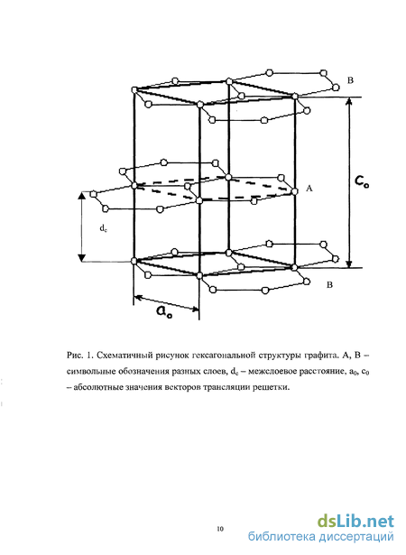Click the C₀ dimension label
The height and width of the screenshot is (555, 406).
click(x=362, y=182)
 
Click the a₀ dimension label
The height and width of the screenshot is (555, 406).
click(x=164, y=312)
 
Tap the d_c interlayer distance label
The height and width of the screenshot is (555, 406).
click(x=103, y=229)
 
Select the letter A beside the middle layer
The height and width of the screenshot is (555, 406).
click(x=309, y=189)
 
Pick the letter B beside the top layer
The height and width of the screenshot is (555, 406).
click(x=350, y=80)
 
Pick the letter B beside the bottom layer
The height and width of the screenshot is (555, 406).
click(x=329, y=284)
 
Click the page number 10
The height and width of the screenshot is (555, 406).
click(x=220, y=529)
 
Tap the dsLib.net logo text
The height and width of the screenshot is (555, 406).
click(x=355, y=522)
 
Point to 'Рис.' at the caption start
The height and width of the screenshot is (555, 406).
click(x=75, y=355)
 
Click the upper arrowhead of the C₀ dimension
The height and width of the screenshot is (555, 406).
click(x=348, y=101)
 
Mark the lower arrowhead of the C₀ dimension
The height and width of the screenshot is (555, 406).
click(x=349, y=264)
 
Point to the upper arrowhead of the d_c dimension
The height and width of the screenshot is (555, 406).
click(x=82, y=196)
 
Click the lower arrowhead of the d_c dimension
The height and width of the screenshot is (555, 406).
click(x=82, y=258)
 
